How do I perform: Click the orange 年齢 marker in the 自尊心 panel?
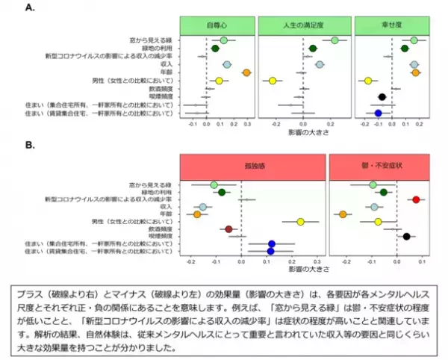pyautogui.click(x=246, y=72)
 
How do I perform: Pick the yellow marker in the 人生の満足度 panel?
pyautogui.click(x=273, y=81)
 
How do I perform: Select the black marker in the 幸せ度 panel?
pyautogui.click(x=382, y=97)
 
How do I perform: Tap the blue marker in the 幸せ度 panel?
pyautogui.click(x=379, y=113)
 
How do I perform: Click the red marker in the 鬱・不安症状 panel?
pyautogui.click(x=417, y=199)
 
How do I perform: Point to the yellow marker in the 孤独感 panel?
pyautogui.click(x=300, y=222)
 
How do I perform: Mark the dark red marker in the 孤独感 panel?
pyautogui.click(x=228, y=229)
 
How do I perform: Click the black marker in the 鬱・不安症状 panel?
pyautogui.click(x=406, y=237)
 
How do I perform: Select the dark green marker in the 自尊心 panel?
pyautogui.click(x=215, y=49)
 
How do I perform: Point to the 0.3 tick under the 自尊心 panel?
pyautogui.click(x=248, y=125)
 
